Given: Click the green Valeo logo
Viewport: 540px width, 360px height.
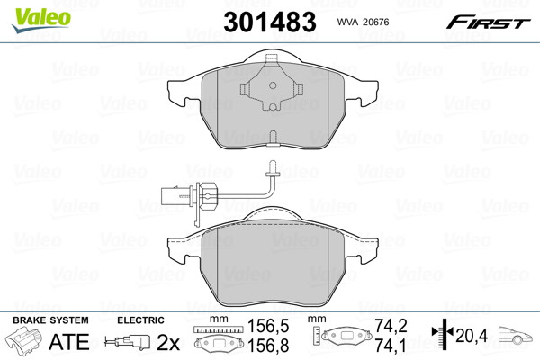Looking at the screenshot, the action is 41,20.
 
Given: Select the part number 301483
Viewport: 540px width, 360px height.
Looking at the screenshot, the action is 270,22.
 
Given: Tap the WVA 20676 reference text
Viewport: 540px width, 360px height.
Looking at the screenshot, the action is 363,22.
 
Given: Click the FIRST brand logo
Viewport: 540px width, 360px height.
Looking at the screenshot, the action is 488,22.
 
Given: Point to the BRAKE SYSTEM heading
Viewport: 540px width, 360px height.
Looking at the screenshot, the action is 50,320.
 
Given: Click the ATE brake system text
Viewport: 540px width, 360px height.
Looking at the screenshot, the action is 69,341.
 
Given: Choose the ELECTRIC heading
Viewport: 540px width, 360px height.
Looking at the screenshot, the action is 140,320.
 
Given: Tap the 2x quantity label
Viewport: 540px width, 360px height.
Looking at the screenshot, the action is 168,342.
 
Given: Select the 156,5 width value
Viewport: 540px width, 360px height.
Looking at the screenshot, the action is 268,326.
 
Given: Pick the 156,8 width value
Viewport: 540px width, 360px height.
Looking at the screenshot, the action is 268,346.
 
